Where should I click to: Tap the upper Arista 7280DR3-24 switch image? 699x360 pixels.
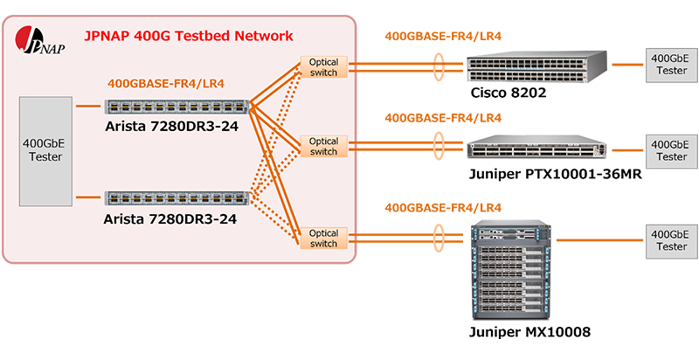[176, 107]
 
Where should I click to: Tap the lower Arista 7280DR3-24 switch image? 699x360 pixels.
[176, 197]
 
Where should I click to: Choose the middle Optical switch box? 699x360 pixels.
[323, 146]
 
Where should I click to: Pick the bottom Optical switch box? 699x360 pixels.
[323, 238]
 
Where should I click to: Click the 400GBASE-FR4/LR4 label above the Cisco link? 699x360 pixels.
[443, 36]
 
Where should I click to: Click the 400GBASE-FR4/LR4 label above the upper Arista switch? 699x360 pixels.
[166, 84]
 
